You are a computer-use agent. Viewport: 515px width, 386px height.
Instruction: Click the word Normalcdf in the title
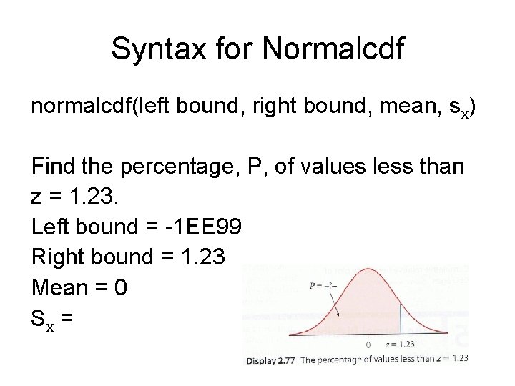pyautogui.click(x=333, y=49)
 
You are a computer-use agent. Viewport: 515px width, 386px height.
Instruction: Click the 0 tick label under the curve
pyautogui.click(x=368, y=344)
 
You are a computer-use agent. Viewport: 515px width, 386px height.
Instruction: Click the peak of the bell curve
pyautogui.click(x=368, y=269)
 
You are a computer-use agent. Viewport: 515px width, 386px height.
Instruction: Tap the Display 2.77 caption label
pyautogui.click(x=270, y=360)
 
